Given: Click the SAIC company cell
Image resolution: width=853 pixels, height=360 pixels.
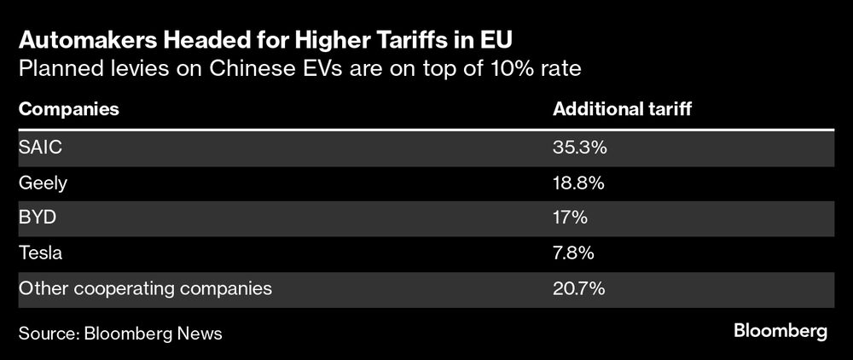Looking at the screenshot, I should click(41, 148).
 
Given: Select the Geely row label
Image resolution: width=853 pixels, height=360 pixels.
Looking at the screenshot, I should click(43, 183).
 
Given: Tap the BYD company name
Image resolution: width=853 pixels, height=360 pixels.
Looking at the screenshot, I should click(38, 218).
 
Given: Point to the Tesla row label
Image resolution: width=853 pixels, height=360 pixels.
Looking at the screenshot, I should click(41, 253).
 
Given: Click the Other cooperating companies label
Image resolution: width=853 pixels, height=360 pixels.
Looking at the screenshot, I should click(145, 288).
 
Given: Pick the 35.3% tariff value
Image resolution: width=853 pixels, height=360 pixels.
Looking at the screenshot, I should click(579, 148).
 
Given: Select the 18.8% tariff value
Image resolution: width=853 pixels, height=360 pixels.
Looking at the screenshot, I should click(579, 183).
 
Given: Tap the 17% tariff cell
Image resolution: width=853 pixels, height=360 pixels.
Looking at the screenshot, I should click(571, 218).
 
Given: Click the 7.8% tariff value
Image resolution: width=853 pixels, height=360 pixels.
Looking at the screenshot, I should click(574, 253).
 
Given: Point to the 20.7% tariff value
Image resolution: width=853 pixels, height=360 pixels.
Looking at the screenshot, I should click(579, 288).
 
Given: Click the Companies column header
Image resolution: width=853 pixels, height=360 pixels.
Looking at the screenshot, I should click(68, 110).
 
